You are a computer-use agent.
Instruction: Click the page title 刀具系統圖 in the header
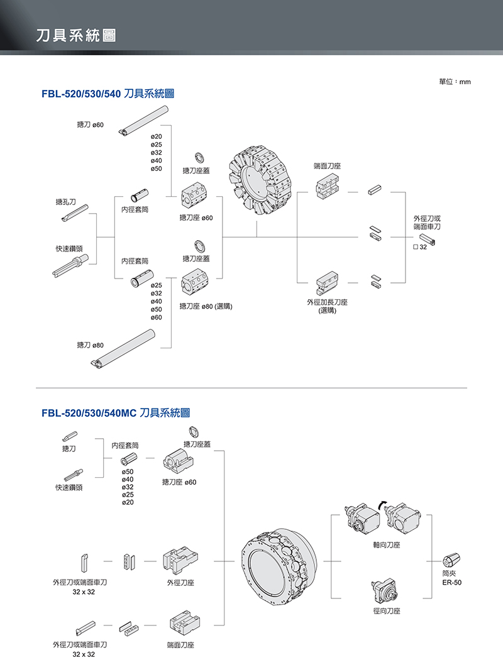[x=75, y=35]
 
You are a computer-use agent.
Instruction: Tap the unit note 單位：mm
[x=455, y=82]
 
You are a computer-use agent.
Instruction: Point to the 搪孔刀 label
[x=65, y=202]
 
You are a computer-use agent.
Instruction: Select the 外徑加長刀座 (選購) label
[x=328, y=306]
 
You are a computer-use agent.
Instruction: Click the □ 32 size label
[x=420, y=248]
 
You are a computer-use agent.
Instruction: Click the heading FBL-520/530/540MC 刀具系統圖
[x=115, y=413]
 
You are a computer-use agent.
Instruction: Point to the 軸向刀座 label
[x=386, y=545]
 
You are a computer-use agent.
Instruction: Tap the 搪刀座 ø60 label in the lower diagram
[x=179, y=482]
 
